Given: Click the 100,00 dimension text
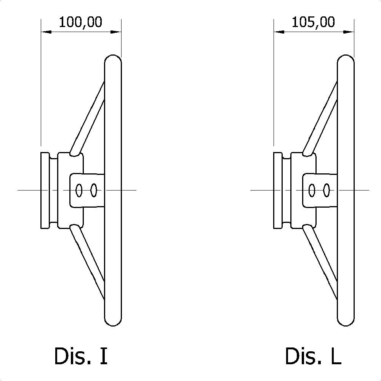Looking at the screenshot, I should click(x=81, y=22).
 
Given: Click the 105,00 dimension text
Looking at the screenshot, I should click(x=313, y=22).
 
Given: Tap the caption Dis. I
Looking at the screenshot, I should click(x=81, y=356).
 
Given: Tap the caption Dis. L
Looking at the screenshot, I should click(x=313, y=356).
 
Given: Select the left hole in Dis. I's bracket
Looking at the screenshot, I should click(x=79, y=190).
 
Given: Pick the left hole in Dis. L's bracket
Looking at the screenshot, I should click(x=312, y=190).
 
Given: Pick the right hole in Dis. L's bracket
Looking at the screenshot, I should click(x=326, y=190).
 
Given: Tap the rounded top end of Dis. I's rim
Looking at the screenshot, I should click(x=113, y=58).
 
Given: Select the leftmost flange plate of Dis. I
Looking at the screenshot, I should click(x=45, y=190).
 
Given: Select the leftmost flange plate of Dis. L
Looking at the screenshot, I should click(x=278, y=190).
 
